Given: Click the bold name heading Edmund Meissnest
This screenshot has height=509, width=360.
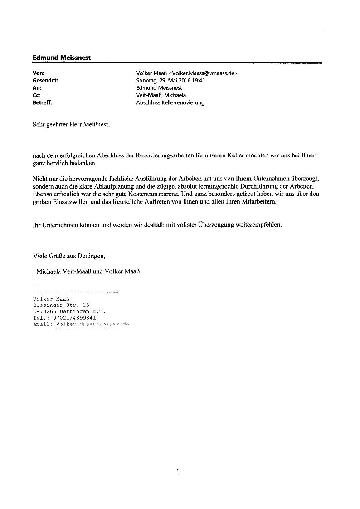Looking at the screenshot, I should click(x=62, y=58).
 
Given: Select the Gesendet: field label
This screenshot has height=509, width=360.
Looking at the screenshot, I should click(x=46, y=80).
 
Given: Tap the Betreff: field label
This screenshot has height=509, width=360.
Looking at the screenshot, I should click(x=43, y=102).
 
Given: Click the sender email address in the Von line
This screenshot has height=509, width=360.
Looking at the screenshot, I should click(x=203, y=73).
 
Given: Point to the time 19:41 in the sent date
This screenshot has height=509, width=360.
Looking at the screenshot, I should click(x=200, y=80).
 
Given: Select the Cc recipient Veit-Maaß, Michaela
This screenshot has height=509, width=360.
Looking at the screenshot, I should click(x=161, y=95).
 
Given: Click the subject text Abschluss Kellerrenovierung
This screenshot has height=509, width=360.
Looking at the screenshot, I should click(x=170, y=102).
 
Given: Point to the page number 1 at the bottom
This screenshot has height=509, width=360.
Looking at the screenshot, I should click(x=178, y=471).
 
